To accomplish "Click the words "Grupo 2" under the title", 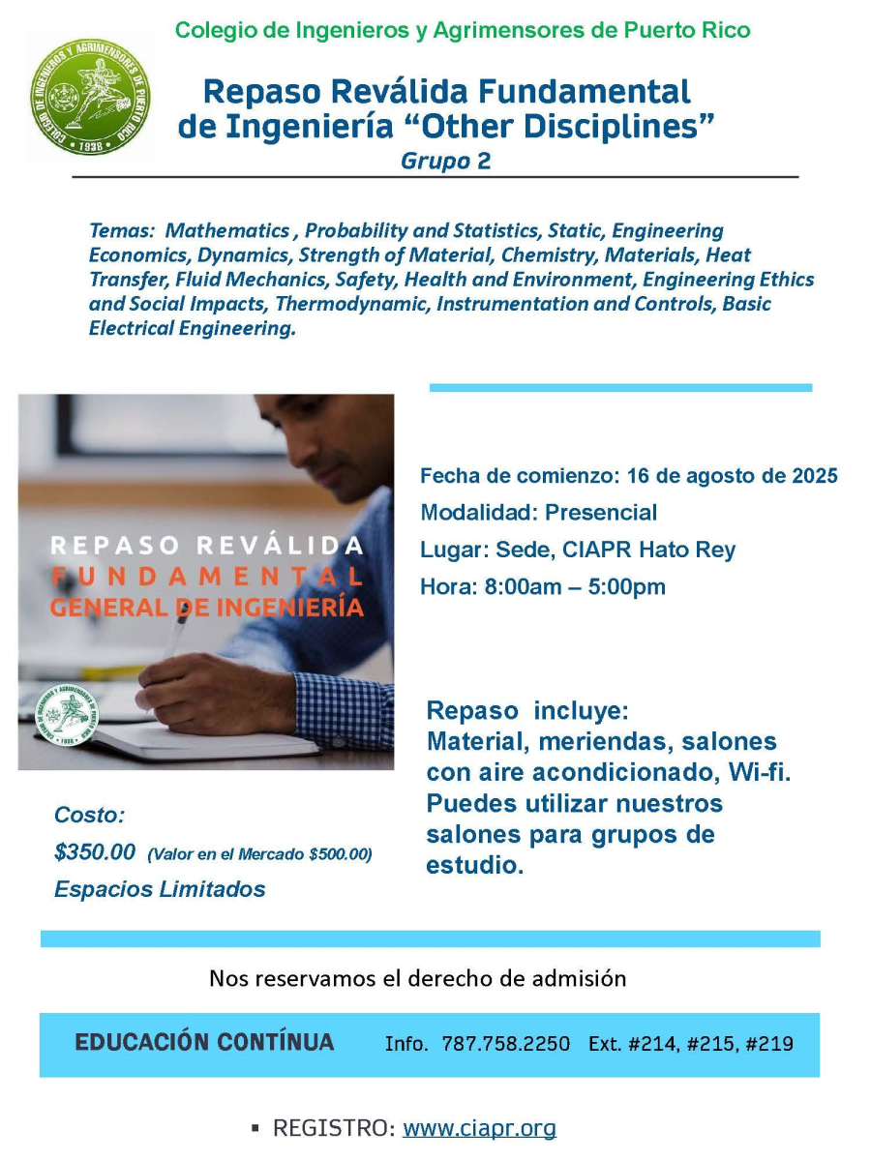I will [445, 162].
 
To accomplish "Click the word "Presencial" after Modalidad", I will [601, 513].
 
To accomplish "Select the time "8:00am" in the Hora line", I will [524, 586].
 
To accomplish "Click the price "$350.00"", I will [95, 852].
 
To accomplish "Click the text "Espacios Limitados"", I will [160, 889].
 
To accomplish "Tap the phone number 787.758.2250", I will [505, 1044].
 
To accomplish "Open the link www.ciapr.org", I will [479, 1128].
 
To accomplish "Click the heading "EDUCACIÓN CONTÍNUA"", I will [205, 1042].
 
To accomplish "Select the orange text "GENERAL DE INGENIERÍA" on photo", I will [207, 608].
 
